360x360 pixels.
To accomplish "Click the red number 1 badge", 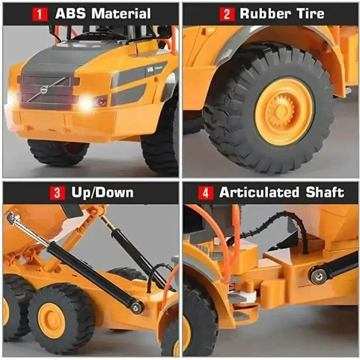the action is [x=40, y=14].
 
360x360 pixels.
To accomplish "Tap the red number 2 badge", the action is [x=227, y=14].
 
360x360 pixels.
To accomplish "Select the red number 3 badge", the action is [x=57, y=193].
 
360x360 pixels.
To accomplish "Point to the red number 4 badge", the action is [x=206, y=193].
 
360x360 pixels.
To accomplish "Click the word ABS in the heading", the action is [x=71, y=13].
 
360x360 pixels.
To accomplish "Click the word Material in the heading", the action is [x=121, y=13].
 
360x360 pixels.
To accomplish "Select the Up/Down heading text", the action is [x=103, y=193].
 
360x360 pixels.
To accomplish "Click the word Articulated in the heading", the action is [x=259, y=192].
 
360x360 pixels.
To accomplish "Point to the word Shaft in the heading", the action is [x=325, y=192].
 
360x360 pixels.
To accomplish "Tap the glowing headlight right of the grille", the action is [x=86, y=103].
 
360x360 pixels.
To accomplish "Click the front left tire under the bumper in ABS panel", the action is [x=58, y=153].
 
